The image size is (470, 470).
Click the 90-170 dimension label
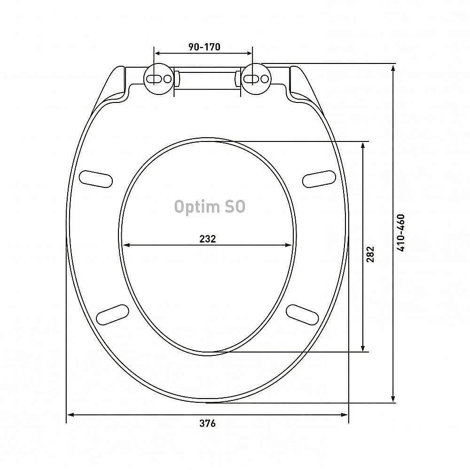click(204, 47)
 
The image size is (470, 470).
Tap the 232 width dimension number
click(207, 239)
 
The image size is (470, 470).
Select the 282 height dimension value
click(370, 254)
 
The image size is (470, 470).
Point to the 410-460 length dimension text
click(400, 233)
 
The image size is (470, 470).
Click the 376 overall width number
click(207, 423)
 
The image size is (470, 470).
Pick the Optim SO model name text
click(210, 206)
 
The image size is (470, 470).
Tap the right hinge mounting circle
click(256, 78)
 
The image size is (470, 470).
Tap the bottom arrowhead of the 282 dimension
click(363, 348)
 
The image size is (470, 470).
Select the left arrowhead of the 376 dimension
click(70, 415)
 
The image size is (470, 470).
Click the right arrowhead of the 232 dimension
click(289, 244)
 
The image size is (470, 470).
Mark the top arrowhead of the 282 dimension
click(363, 145)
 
